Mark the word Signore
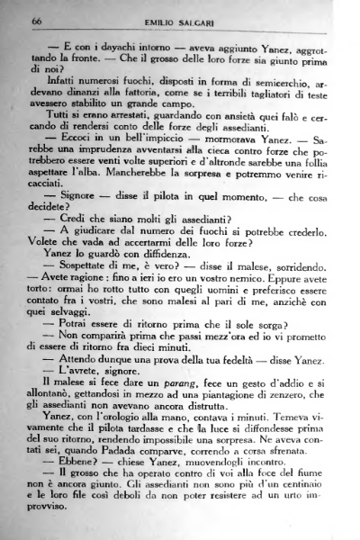click(76, 220)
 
